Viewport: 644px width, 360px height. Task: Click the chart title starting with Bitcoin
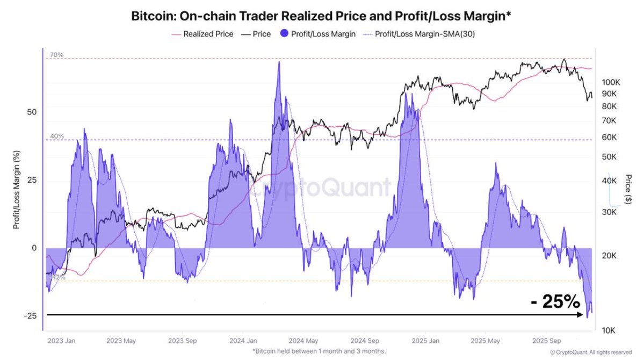point(322,16)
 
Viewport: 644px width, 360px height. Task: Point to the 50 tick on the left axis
point(31,112)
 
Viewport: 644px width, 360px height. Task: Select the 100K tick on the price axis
point(611,83)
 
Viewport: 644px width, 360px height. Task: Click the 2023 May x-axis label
point(121,341)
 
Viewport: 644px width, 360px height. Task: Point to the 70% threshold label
point(57,55)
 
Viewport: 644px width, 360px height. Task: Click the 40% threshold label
point(57,136)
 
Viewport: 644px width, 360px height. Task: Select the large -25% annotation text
point(555,302)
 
